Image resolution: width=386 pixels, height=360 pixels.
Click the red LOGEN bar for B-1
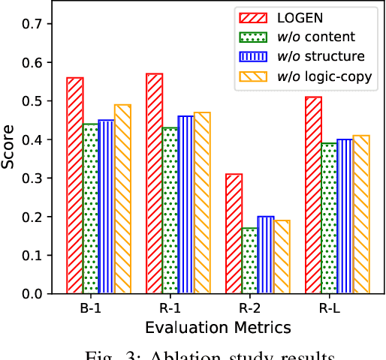[x=75, y=185]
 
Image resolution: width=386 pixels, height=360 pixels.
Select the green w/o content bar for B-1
[x=92, y=208]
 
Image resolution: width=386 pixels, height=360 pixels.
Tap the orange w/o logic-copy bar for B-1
[x=122, y=199]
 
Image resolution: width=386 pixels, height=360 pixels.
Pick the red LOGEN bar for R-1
[x=155, y=184]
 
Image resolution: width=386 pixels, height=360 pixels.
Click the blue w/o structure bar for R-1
[x=186, y=205]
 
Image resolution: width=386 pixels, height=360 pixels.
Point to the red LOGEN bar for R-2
[x=234, y=233]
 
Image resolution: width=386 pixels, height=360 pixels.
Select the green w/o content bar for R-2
[x=250, y=260]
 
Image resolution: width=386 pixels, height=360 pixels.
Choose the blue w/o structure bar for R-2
[x=266, y=255]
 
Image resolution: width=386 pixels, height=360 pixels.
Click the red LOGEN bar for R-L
[x=313, y=195]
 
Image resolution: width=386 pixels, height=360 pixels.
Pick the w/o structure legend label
[x=321, y=56]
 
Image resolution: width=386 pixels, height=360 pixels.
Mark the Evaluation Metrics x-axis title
[x=218, y=327]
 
